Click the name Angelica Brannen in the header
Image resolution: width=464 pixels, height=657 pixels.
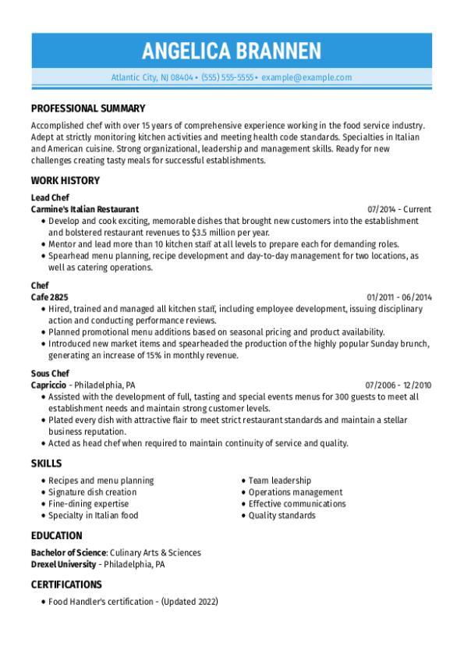[232, 51]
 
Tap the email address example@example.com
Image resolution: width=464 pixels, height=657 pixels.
[306, 77]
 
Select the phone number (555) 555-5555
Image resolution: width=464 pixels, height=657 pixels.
[228, 77]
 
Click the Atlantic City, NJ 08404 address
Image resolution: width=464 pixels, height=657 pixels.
[152, 77]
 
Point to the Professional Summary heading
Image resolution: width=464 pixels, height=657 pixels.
[88, 108]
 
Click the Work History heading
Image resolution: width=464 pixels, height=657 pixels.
[66, 180]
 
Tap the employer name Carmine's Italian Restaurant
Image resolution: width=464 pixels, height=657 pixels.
[85, 209]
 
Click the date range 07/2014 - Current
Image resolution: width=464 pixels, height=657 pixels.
[399, 209]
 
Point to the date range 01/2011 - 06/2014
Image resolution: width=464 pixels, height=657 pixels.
[399, 297]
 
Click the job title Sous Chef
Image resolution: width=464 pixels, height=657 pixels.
[51, 374]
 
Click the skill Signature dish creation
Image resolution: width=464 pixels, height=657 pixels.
[92, 492]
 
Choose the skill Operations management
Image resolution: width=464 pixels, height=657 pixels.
[296, 492]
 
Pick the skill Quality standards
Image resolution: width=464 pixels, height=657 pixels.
[282, 515]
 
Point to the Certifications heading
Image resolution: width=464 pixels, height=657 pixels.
[66, 584]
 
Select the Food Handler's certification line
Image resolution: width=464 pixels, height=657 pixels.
[133, 602]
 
